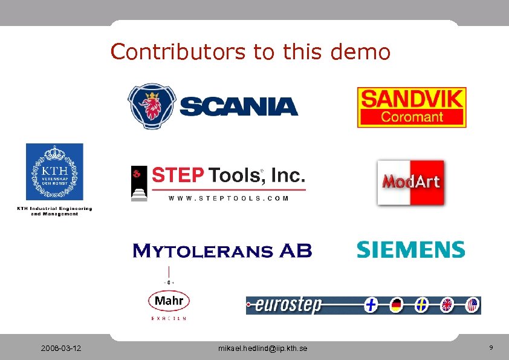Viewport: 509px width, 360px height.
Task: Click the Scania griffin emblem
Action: coord(152,106)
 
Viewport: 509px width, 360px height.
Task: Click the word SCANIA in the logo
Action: coord(239,107)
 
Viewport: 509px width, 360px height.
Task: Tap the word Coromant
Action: coord(411,117)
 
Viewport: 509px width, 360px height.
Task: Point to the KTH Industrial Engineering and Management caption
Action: coord(54,211)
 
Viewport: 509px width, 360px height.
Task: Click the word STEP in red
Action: coord(177,175)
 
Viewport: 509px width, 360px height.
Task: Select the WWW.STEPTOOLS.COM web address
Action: coord(229,198)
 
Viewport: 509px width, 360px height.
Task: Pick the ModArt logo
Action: coord(410,182)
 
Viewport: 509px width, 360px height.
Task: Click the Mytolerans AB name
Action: coord(222,250)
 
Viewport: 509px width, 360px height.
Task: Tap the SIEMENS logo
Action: coord(410,249)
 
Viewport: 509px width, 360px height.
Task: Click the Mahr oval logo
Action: coord(169,301)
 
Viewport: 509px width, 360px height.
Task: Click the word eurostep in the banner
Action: coord(288,305)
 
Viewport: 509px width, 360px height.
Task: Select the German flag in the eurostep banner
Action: coord(397,306)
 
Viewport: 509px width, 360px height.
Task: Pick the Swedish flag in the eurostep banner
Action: coord(421,306)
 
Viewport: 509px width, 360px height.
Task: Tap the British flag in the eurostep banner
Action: coord(447,306)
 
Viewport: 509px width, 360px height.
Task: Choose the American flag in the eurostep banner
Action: coord(472,305)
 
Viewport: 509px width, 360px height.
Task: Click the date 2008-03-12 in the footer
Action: coord(62,349)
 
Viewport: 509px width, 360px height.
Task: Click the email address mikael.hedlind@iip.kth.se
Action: coord(262,349)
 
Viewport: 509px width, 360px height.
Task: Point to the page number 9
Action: coord(491,348)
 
